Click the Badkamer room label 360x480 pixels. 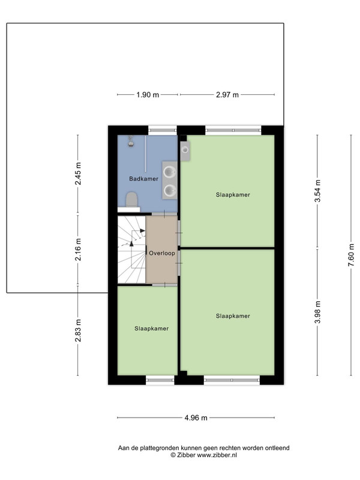[143, 179]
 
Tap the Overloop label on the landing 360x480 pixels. [162, 253]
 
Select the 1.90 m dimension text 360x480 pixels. [148, 95]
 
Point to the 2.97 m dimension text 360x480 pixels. [227, 95]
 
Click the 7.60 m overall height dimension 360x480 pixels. [351, 255]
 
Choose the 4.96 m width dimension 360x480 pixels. [196, 418]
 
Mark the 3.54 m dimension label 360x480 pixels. [318, 191]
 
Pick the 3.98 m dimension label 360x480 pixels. [318, 312]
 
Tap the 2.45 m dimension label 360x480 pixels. [78, 173]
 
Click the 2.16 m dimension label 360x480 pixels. [78, 250]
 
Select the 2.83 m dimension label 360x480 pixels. [78, 331]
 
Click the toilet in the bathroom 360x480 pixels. [132, 200]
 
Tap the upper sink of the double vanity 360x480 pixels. [169, 172]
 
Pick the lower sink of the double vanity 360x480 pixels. [169, 190]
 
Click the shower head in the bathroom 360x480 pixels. [131, 141]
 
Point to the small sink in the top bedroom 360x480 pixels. [185, 150]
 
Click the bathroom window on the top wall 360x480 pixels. [163, 130]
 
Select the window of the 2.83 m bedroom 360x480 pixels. [160, 380]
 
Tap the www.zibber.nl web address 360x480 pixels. [217, 455]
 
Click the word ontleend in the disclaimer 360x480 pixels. [277, 448]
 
